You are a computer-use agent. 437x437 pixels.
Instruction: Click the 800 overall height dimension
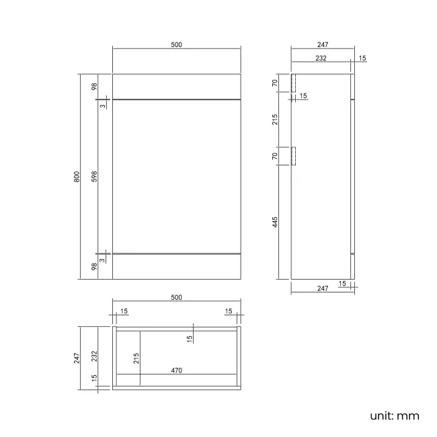pyautogui.click(x=77, y=177)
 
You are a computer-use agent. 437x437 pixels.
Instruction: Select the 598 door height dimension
pyautogui.click(x=95, y=177)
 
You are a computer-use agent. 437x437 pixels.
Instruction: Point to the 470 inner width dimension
pyautogui.click(x=176, y=370)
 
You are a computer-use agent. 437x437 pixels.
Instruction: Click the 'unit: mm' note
pyautogui.click(x=395, y=415)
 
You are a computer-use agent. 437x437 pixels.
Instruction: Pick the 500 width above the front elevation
pyautogui.click(x=176, y=45)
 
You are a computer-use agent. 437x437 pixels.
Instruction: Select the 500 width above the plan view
pyautogui.click(x=176, y=297)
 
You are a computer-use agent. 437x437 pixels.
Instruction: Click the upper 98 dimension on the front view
pyautogui.click(x=95, y=87)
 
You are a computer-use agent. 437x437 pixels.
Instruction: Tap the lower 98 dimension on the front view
pyautogui.click(x=95, y=266)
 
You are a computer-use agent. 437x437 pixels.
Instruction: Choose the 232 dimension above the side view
pyautogui.click(x=320, y=58)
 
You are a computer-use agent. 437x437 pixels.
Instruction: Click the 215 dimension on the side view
pyautogui.click(x=276, y=120)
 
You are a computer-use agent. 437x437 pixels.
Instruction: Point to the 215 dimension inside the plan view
pyautogui.click(x=136, y=358)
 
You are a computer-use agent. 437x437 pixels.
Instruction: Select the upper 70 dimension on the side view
pyautogui.click(x=276, y=83)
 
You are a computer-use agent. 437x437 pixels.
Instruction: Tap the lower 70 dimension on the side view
pyautogui.click(x=276, y=156)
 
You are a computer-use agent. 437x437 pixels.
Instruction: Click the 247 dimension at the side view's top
pyautogui.click(x=322, y=45)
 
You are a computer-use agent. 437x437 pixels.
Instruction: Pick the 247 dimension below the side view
pyautogui.click(x=322, y=288)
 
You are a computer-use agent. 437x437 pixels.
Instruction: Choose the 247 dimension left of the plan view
pyautogui.click(x=77, y=357)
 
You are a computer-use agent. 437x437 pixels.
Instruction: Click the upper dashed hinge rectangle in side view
pyautogui.click(x=293, y=83)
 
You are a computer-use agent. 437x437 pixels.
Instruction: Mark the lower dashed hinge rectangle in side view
pyautogui.click(x=293, y=156)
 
